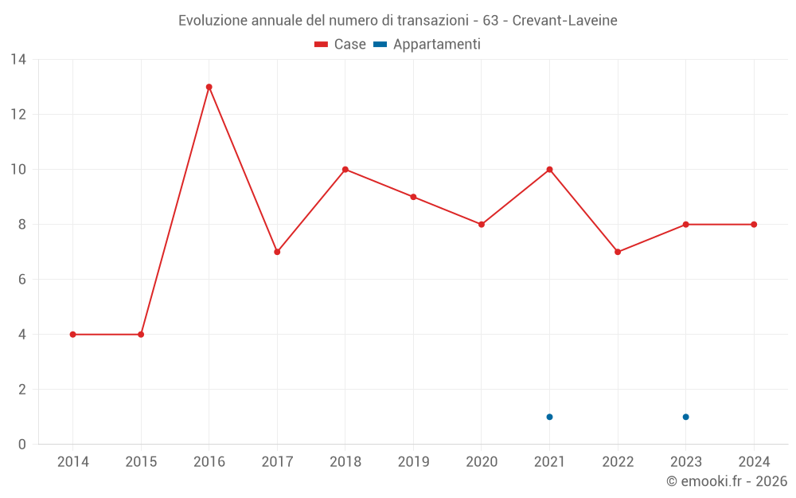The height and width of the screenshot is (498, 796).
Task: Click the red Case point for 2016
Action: click(209, 87)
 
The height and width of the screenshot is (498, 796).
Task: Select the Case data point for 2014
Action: click(73, 335)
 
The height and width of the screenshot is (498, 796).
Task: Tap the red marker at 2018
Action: click(345, 170)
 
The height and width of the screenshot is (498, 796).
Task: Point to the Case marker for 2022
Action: click(618, 252)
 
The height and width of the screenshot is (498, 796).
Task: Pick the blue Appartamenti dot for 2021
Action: click(549, 417)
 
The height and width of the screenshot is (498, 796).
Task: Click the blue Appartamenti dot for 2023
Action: click(685, 417)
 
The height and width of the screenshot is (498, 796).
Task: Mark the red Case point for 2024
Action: click(754, 225)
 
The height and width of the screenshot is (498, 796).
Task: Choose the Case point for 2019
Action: click(413, 197)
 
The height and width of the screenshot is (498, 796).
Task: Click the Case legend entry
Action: click(341, 45)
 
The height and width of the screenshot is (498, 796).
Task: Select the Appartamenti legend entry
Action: click(427, 45)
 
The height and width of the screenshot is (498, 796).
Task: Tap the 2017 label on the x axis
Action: click(277, 462)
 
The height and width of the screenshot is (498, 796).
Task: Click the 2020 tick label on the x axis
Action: click(482, 462)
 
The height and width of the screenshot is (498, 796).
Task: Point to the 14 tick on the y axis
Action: click(18, 60)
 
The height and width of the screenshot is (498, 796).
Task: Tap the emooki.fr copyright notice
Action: click(727, 481)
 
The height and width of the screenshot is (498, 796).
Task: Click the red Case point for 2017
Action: click(277, 252)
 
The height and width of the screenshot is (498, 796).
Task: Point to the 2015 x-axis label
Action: click(141, 462)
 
